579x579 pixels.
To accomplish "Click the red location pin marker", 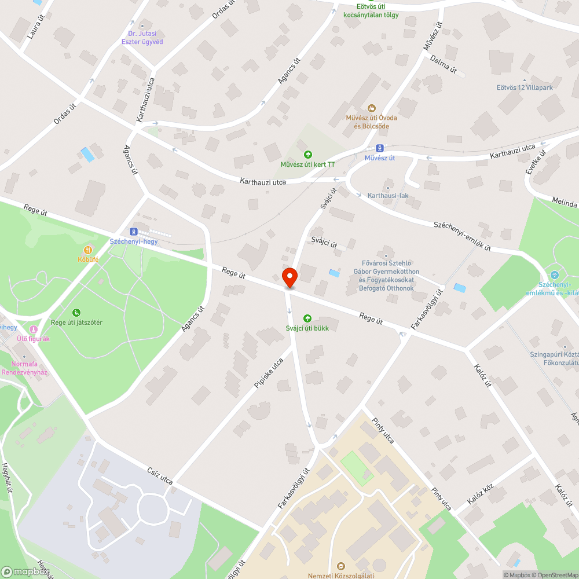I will point(289,277).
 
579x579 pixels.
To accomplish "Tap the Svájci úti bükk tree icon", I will point(307,318).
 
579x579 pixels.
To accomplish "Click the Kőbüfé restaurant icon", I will point(88,250).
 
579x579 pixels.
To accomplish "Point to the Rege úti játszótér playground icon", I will point(76,313).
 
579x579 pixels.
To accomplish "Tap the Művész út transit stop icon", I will point(380,148).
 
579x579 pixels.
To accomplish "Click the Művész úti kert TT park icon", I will point(308,154).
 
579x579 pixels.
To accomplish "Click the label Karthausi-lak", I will point(388,196).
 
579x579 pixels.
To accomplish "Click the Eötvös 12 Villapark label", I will point(525,88).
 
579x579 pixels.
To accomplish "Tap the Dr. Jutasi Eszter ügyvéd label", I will point(142,38).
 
